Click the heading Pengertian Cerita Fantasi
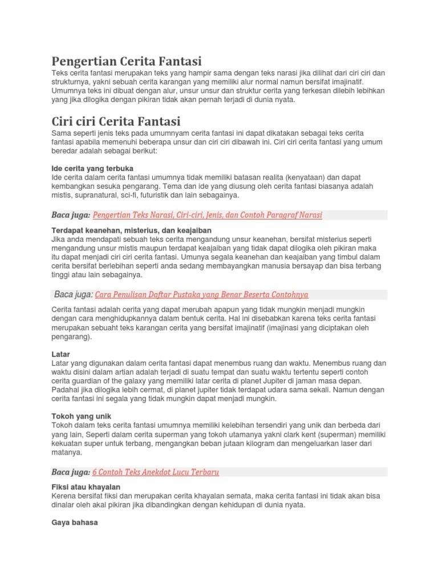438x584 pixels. pyautogui.click(x=127, y=60)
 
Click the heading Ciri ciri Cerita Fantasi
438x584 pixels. pyautogui.click(x=116, y=121)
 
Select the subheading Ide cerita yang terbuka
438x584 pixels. pyautogui.click(x=92, y=168)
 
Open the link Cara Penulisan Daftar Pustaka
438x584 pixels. pyautogui.click(x=201, y=294)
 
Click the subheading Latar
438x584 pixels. pyautogui.click(x=60, y=354)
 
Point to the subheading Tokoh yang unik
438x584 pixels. pyautogui.click(x=81, y=416)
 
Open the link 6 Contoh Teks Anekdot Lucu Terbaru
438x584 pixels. pyautogui.click(x=156, y=472)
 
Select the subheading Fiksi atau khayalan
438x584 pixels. pyautogui.click(x=86, y=486)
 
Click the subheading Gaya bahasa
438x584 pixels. pyautogui.click(x=75, y=521)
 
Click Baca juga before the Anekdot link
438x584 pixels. pyautogui.click(x=71, y=472)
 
